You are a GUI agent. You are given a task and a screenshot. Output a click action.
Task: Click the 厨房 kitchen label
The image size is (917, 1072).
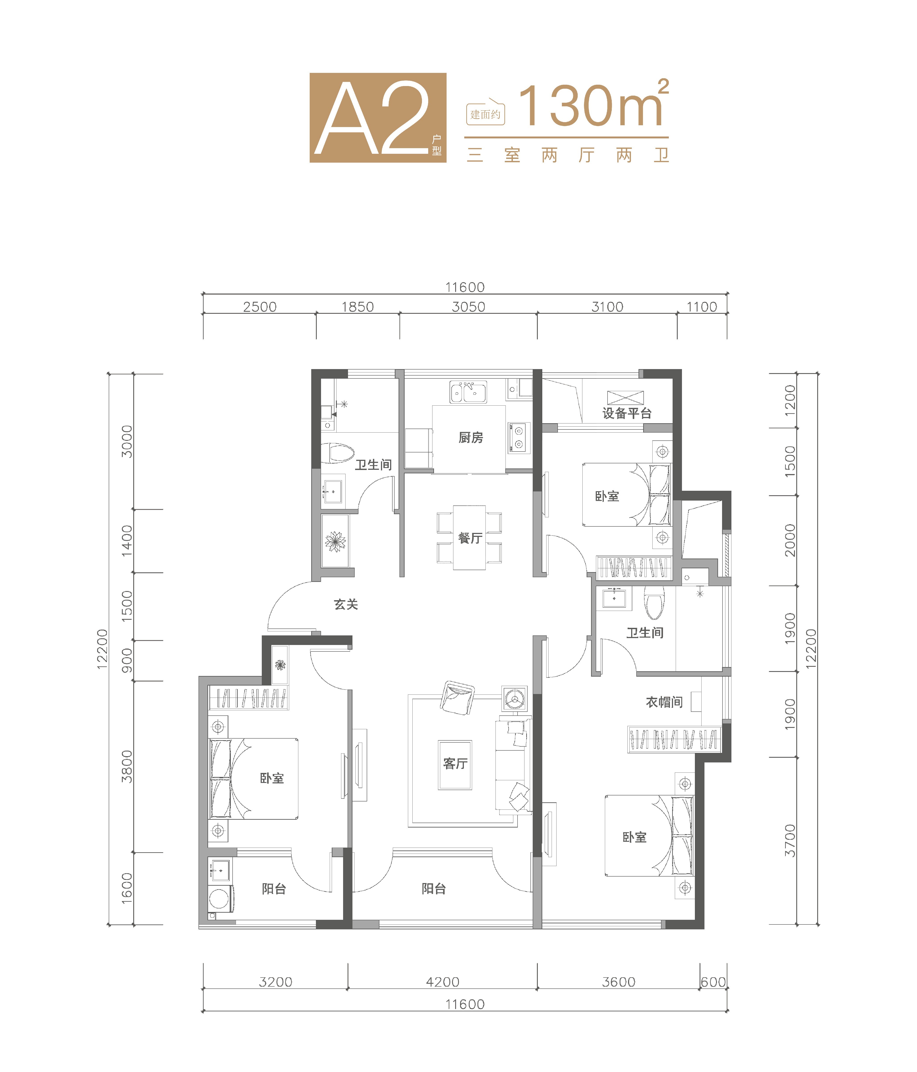pyautogui.click(x=471, y=438)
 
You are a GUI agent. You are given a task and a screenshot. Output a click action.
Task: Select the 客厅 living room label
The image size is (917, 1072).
pyautogui.click(x=455, y=764)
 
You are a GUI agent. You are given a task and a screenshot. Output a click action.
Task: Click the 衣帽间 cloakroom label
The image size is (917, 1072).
pyautogui.click(x=664, y=702)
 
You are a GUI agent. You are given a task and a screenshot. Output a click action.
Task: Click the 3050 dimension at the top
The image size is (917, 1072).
pyautogui.click(x=469, y=307)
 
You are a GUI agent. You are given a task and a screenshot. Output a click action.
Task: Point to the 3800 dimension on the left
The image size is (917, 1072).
pyautogui.click(x=127, y=767)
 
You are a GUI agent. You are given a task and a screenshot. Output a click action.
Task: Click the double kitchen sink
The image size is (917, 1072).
pyautogui.click(x=468, y=393)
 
